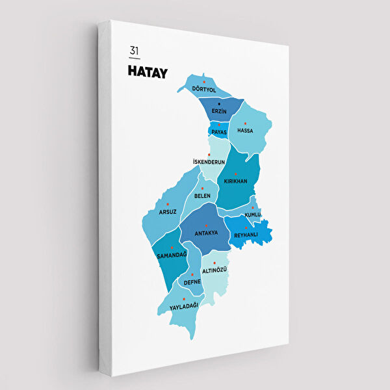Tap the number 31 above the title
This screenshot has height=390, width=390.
coord(134,51)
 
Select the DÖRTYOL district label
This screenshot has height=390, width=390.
coord(204,89)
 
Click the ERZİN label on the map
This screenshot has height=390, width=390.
coord(219,112)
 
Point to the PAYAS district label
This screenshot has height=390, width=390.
coord(219,132)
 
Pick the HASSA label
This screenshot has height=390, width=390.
coord(245,131)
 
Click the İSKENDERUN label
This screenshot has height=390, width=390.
coord(209,162)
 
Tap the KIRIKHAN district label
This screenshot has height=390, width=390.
coord(235,181)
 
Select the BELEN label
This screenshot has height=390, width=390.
coord(202,196)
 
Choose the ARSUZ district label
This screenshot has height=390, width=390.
coord(168,211)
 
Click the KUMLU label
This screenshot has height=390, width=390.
coord(252,214)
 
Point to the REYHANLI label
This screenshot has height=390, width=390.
coord(246,235)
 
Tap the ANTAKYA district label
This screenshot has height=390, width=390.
coord(206,233)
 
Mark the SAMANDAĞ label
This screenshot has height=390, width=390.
coord(172,254)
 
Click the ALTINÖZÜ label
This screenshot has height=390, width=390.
coord(214,270)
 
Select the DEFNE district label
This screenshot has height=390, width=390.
coord(192,282)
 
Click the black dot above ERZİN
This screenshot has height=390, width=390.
coord(219,104)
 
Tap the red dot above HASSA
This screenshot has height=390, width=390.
coord(245,123)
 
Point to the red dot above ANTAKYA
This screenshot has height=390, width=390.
coord(206,226)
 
